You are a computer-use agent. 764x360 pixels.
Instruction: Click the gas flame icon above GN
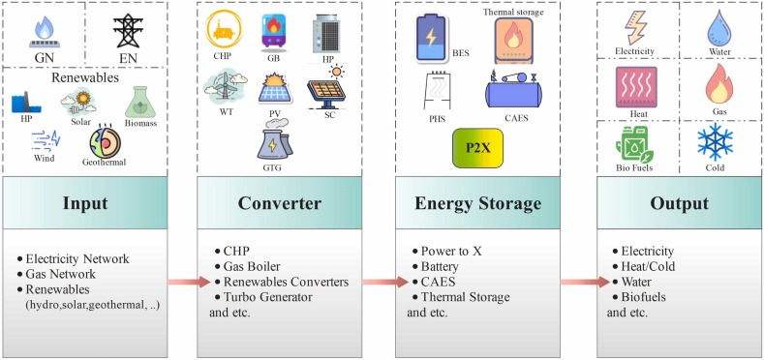point(45,32)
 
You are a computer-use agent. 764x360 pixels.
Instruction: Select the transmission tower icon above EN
point(128,30)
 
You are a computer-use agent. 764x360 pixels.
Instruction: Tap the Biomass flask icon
point(140,103)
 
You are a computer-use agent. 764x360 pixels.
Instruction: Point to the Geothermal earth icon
point(105,141)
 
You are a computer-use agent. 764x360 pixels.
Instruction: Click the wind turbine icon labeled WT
point(225,88)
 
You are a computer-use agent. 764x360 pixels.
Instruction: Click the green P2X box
point(477,148)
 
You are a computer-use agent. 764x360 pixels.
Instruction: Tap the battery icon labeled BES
point(431,39)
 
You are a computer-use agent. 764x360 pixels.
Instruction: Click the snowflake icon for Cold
point(715,141)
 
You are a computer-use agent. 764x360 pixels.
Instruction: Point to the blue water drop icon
point(719,28)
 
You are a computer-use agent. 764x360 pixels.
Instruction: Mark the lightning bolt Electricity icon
point(636,28)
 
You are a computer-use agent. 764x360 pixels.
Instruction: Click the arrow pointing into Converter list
point(190,282)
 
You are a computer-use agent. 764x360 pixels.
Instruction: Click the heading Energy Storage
point(477,203)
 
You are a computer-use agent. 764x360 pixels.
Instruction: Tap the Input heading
point(85,203)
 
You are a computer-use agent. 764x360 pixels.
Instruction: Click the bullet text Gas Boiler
point(252,266)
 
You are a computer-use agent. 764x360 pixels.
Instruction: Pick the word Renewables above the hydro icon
point(85,77)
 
